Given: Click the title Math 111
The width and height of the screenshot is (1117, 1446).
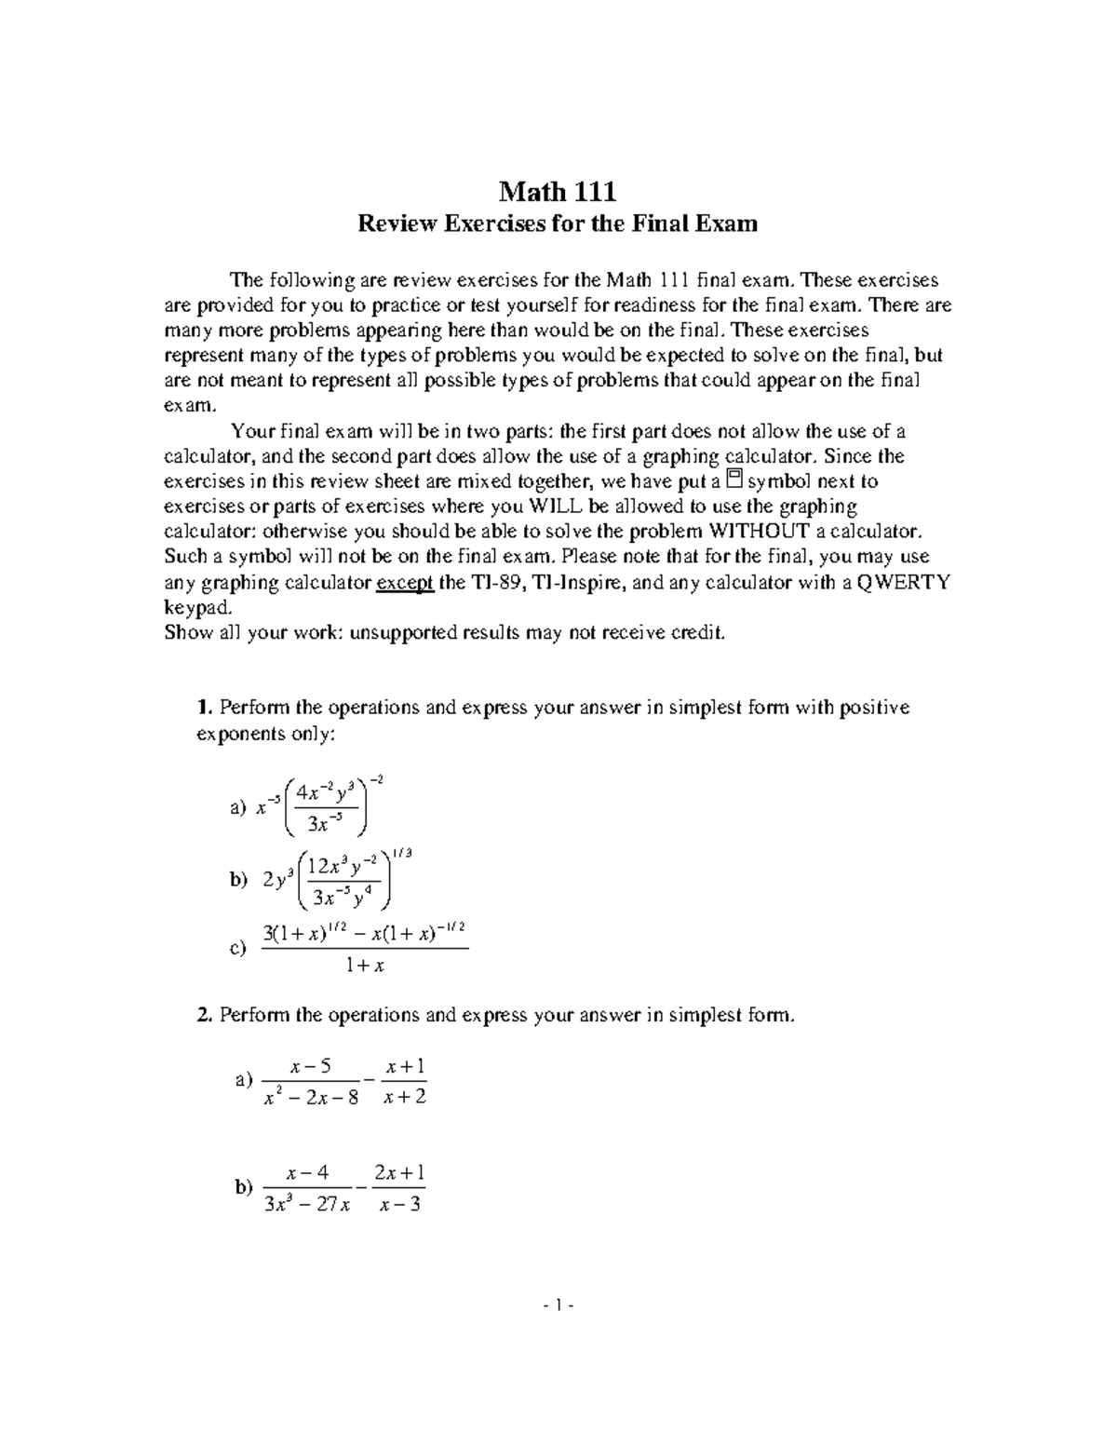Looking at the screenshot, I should click(558, 192).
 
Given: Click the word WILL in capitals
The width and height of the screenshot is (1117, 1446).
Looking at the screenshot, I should click(556, 507).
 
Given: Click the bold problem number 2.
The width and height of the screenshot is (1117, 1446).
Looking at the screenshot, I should click(205, 1015).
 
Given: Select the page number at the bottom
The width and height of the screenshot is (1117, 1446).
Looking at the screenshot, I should click(558, 1305).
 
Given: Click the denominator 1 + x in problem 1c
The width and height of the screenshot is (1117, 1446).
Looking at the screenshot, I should click(365, 966).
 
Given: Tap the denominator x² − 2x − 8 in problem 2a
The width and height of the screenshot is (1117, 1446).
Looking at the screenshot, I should click(311, 1098).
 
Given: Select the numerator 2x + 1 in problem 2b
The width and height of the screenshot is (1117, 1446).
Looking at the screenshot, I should click(399, 1172).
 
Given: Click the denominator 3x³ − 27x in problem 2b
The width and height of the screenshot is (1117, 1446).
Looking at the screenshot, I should click(308, 1205).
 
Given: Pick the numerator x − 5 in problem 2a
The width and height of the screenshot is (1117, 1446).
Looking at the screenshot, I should click(311, 1066).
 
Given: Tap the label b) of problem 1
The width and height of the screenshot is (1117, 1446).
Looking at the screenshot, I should click(238, 879).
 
